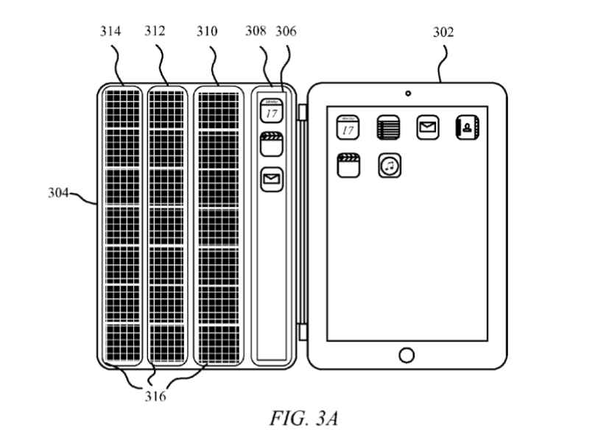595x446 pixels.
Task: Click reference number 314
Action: [x=111, y=32]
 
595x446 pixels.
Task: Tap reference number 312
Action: [x=155, y=32]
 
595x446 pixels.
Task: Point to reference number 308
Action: [x=256, y=32]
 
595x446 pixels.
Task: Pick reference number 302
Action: [x=443, y=32]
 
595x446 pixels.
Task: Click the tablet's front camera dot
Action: [x=407, y=93]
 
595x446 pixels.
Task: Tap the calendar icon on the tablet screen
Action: [x=348, y=127]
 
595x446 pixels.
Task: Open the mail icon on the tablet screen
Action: [x=428, y=127]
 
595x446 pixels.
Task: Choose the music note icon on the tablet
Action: [x=390, y=166]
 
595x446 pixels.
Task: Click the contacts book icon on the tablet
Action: [x=468, y=127]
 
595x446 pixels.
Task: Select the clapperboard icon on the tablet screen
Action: [x=348, y=165]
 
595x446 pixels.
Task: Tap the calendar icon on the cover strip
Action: [x=272, y=111]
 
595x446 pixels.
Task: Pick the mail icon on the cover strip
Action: [x=272, y=179]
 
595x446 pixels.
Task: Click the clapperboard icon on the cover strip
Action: [x=272, y=144]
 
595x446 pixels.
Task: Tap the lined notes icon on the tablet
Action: [x=388, y=127]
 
